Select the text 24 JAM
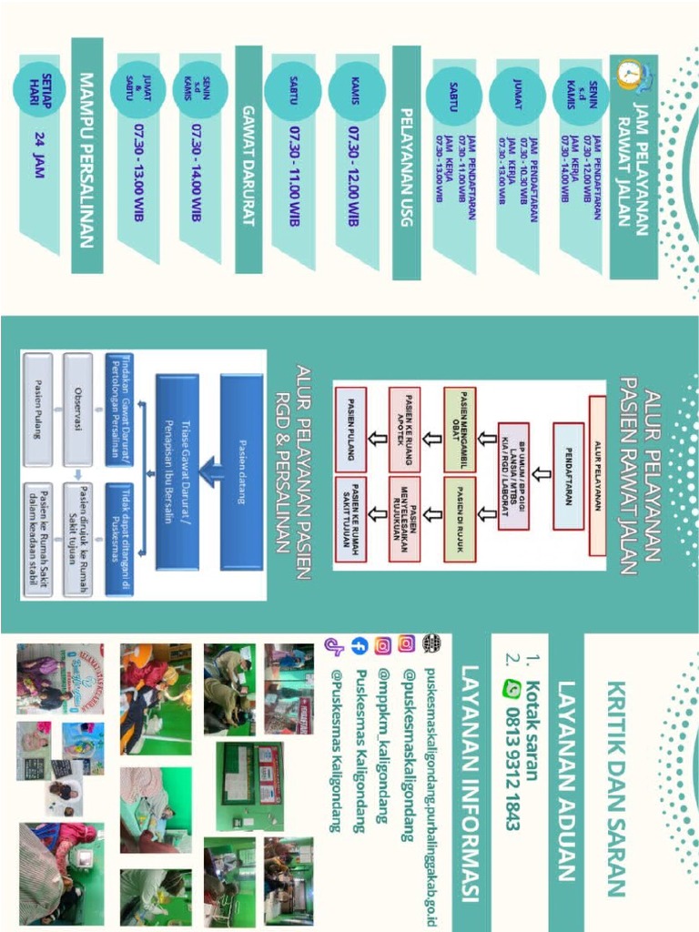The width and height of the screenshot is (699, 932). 38,155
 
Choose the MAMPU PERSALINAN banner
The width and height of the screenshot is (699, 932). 87,155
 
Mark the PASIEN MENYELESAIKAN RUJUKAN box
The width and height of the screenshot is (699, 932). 406,516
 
